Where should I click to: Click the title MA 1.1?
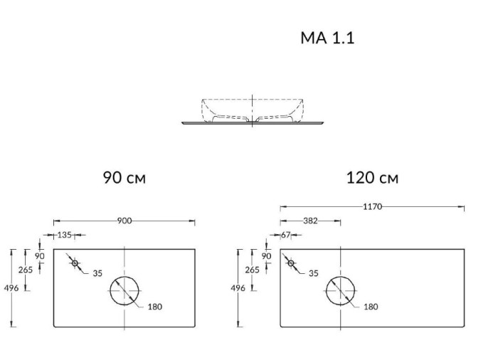point(327,38)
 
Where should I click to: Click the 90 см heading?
point(124,177)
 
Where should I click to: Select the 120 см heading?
point(372,177)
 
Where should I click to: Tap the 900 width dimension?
point(124,221)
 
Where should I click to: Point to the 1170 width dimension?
point(372,207)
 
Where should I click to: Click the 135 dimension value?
point(64,234)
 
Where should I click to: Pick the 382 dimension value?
point(310,221)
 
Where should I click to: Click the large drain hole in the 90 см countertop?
point(124,290)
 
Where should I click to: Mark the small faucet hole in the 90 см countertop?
point(75,263)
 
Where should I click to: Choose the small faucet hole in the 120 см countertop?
point(290,263)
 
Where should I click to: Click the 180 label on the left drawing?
point(154,307)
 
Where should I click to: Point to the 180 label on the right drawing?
point(370,307)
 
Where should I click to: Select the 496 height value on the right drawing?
point(239,288)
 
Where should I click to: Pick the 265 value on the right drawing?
point(252,270)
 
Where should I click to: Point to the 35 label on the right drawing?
point(312,272)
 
